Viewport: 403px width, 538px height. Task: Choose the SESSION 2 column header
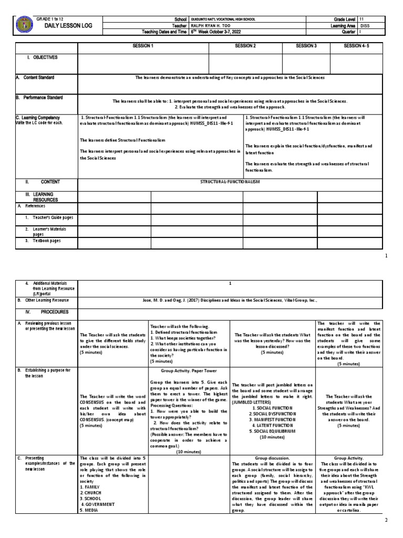click(x=245, y=46)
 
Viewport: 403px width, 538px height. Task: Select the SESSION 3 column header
click(x=306, y=46)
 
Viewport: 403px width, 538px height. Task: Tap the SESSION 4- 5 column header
click(x=357, y=46)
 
